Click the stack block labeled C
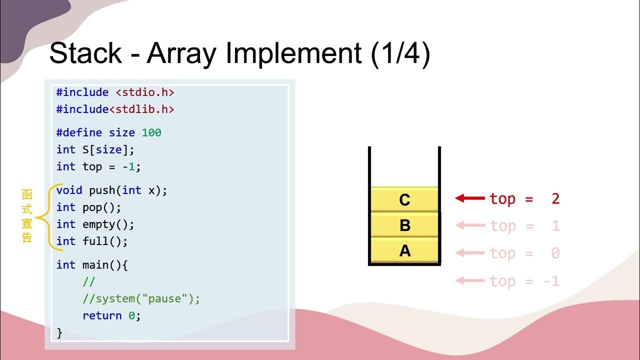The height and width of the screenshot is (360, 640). pyautogui.click(x=404, y=199)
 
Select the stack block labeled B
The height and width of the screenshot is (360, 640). pyautogui.click(x=404, y=225)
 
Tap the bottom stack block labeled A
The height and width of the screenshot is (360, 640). pyautogui.click(x=404, y=250)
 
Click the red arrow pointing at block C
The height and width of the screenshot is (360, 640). pyautogui.click(x=470, y=198)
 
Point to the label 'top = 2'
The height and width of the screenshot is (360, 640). pyautogui.click(x=524, y=198)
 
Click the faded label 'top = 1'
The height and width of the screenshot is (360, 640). pyautogui.click(x=524, y=226)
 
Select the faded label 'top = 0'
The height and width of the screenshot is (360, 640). pyautogui.click(x=524, y=253)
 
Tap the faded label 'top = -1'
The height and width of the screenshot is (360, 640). pyautogui.click(x=524, y=281)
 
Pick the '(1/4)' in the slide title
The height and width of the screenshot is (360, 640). pyautogui.click(x=400, y=53)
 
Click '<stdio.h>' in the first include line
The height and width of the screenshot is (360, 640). pyautogui.click(x=145, y=92)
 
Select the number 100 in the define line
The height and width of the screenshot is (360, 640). pyautogui.click(x=151, y=132)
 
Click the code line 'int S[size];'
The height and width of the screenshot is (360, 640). pyautogui.click(x=95, y=149)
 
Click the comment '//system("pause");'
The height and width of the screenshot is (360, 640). pyautogui.click(x=141, y=299)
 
